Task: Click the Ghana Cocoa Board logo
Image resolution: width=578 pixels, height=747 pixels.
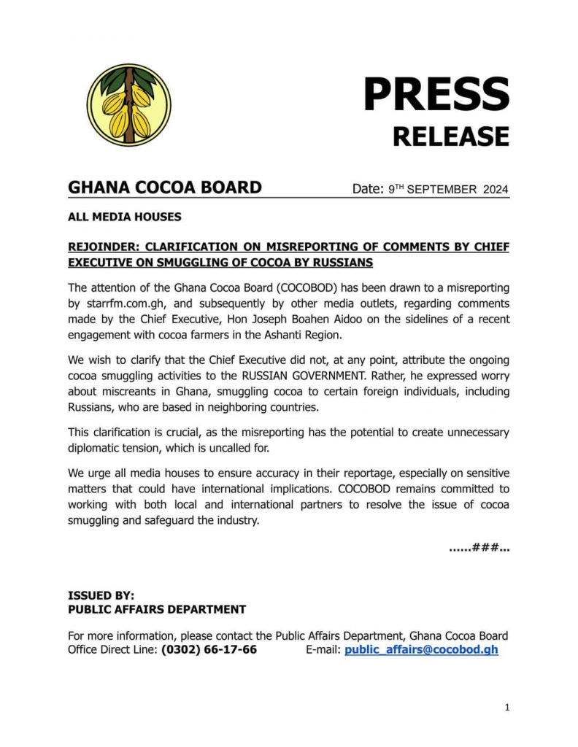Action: click(x=129, y=104)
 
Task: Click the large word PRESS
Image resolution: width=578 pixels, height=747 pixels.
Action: click(x=436, y=94)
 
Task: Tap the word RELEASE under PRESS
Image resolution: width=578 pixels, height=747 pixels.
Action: click(x=450, y=136)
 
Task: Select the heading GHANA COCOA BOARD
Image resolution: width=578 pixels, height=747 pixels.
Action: click(x=164, y=187)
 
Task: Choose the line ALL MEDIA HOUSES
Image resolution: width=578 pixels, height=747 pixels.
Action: click(x=124, y=217)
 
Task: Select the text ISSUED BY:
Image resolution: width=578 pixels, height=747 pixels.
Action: click(x=101, y=595)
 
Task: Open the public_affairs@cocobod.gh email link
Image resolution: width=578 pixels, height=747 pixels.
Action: click(x=421, y=649)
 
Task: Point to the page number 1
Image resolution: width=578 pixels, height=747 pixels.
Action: click(x=506, y=707)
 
